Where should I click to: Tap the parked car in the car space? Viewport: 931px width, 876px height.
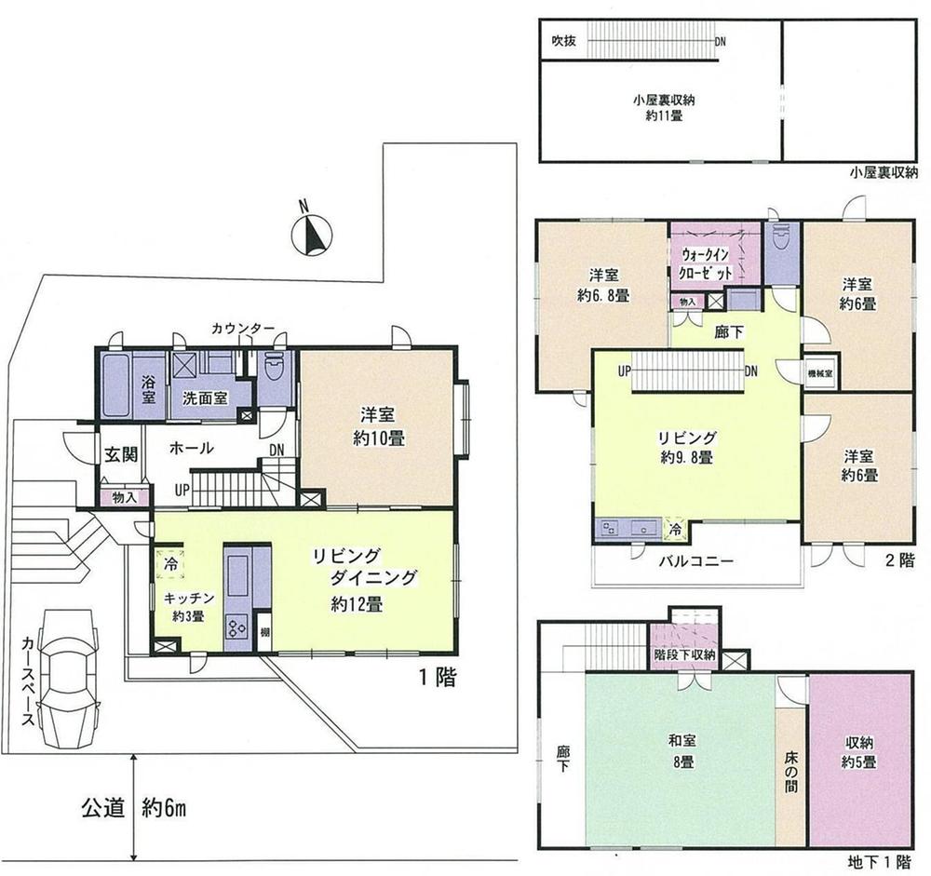(74, 677)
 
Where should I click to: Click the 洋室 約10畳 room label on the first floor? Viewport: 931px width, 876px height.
(378, 427)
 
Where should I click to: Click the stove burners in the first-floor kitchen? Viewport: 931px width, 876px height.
(236, 628)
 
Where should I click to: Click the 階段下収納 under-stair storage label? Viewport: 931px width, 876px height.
(684, 654)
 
